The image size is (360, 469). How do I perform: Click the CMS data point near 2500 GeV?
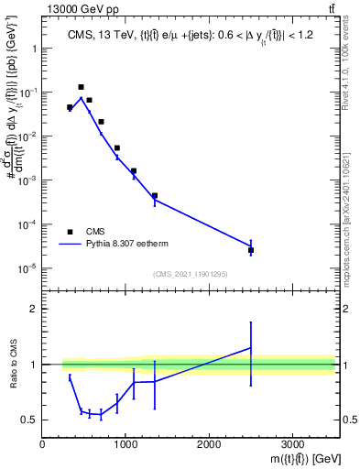pos(251,250)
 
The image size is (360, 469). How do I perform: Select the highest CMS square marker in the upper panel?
pos(82,87)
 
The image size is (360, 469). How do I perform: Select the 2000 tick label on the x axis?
pos(209,444)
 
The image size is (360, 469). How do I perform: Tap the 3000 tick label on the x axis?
pos(292,444)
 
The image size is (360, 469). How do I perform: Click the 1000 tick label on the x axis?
pos(125,444)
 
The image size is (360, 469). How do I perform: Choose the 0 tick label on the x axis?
pos(43,444)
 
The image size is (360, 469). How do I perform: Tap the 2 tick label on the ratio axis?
pos(33,309)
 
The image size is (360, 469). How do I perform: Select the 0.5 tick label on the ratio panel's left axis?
pos(30,420)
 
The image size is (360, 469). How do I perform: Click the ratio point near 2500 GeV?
pos(251,347)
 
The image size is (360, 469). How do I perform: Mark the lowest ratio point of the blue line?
pos(101,414)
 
